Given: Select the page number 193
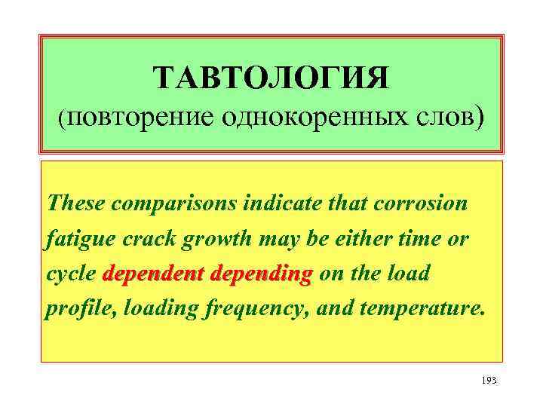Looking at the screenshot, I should pyautogui.click(x=488, y=381).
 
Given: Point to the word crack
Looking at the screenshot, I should pyautogui.click(x=136, y=239).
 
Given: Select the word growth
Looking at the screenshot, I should pyautogui.click(x=200, y=240).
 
